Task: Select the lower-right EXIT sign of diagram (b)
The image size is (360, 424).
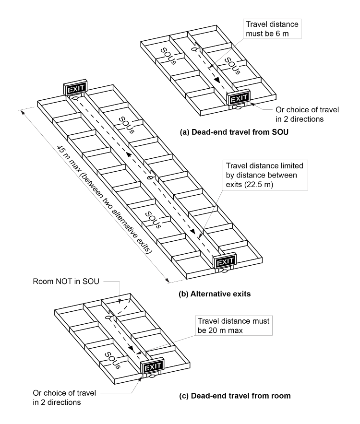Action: click(x=225, y=261)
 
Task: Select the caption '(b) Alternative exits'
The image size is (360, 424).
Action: click(x=215, y=294)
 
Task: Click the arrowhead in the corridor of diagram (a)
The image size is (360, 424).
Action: click(x=217, y=81)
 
